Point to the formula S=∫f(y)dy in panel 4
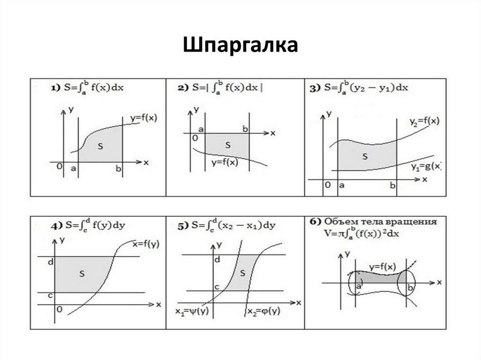(89, 226)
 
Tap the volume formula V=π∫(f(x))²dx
(372, 232)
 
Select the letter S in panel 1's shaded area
(100, 146)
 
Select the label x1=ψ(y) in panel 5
(192, 312)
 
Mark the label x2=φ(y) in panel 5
(264, 312)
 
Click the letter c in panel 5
(217, 286)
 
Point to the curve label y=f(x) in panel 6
(381, 267)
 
